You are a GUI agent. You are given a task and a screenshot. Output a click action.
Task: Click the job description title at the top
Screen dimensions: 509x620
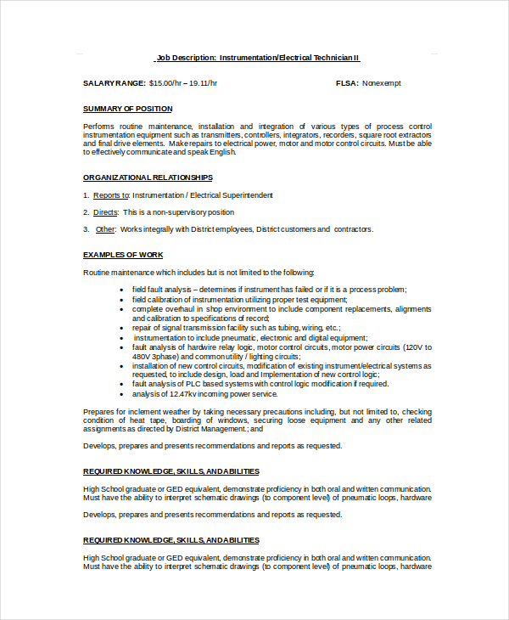[x=258, y=58]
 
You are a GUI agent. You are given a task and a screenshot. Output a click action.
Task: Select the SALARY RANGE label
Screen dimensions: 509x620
[x=114, y=83]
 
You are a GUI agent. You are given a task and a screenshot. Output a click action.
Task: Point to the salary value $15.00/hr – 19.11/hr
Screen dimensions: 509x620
[x=183, y=83]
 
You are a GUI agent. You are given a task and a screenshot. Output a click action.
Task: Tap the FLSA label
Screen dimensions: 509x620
[x=347, y=83]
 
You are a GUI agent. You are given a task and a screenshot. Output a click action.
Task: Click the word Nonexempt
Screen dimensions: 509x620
[x=382, y=83]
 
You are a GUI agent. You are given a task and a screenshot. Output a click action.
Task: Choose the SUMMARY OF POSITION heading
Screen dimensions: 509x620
[x=127, y=109]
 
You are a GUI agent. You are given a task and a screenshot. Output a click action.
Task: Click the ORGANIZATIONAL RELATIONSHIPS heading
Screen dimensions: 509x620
[x=148, y=178]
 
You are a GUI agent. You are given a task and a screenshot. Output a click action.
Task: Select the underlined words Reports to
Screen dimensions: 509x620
[x=111, y=195]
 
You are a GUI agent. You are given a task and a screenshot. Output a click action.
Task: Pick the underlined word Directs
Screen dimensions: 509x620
[x=105, y=212]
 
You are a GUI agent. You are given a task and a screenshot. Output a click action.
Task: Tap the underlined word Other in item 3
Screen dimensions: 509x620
[x=105, y=229]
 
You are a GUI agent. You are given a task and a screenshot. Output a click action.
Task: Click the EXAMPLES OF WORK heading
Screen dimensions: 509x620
[x=123, y=255]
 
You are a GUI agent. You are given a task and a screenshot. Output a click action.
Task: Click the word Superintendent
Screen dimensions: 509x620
[x=246, y=195]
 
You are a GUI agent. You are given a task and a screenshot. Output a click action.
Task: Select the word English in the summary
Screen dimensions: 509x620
[x=223, y=153]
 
